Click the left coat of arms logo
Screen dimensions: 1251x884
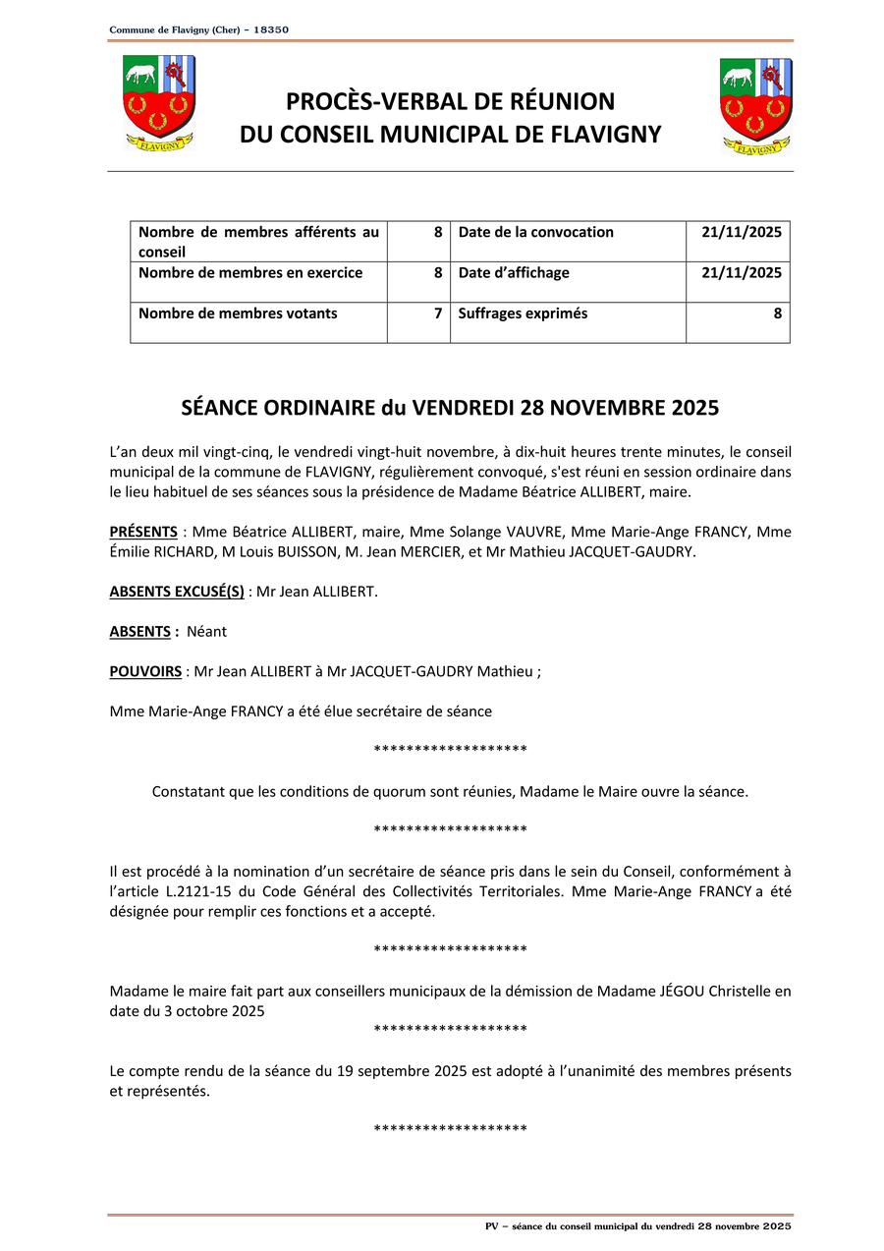point(159,103)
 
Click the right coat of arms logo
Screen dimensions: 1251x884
point(755,106)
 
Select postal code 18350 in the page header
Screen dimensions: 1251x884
point(271,30)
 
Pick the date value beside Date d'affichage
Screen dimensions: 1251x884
point(742,272)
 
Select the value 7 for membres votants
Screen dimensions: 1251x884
point(438,313)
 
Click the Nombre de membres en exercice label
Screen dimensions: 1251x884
point(250,272)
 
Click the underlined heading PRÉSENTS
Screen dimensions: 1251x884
point(143,532)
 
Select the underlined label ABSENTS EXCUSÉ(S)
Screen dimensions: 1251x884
point(177,592)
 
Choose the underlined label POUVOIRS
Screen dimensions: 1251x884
point(145,671)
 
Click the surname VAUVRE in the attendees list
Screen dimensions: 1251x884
point(536,532)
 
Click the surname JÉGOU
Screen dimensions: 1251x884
point(683,991)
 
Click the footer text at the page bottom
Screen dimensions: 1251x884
point(638,1226)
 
